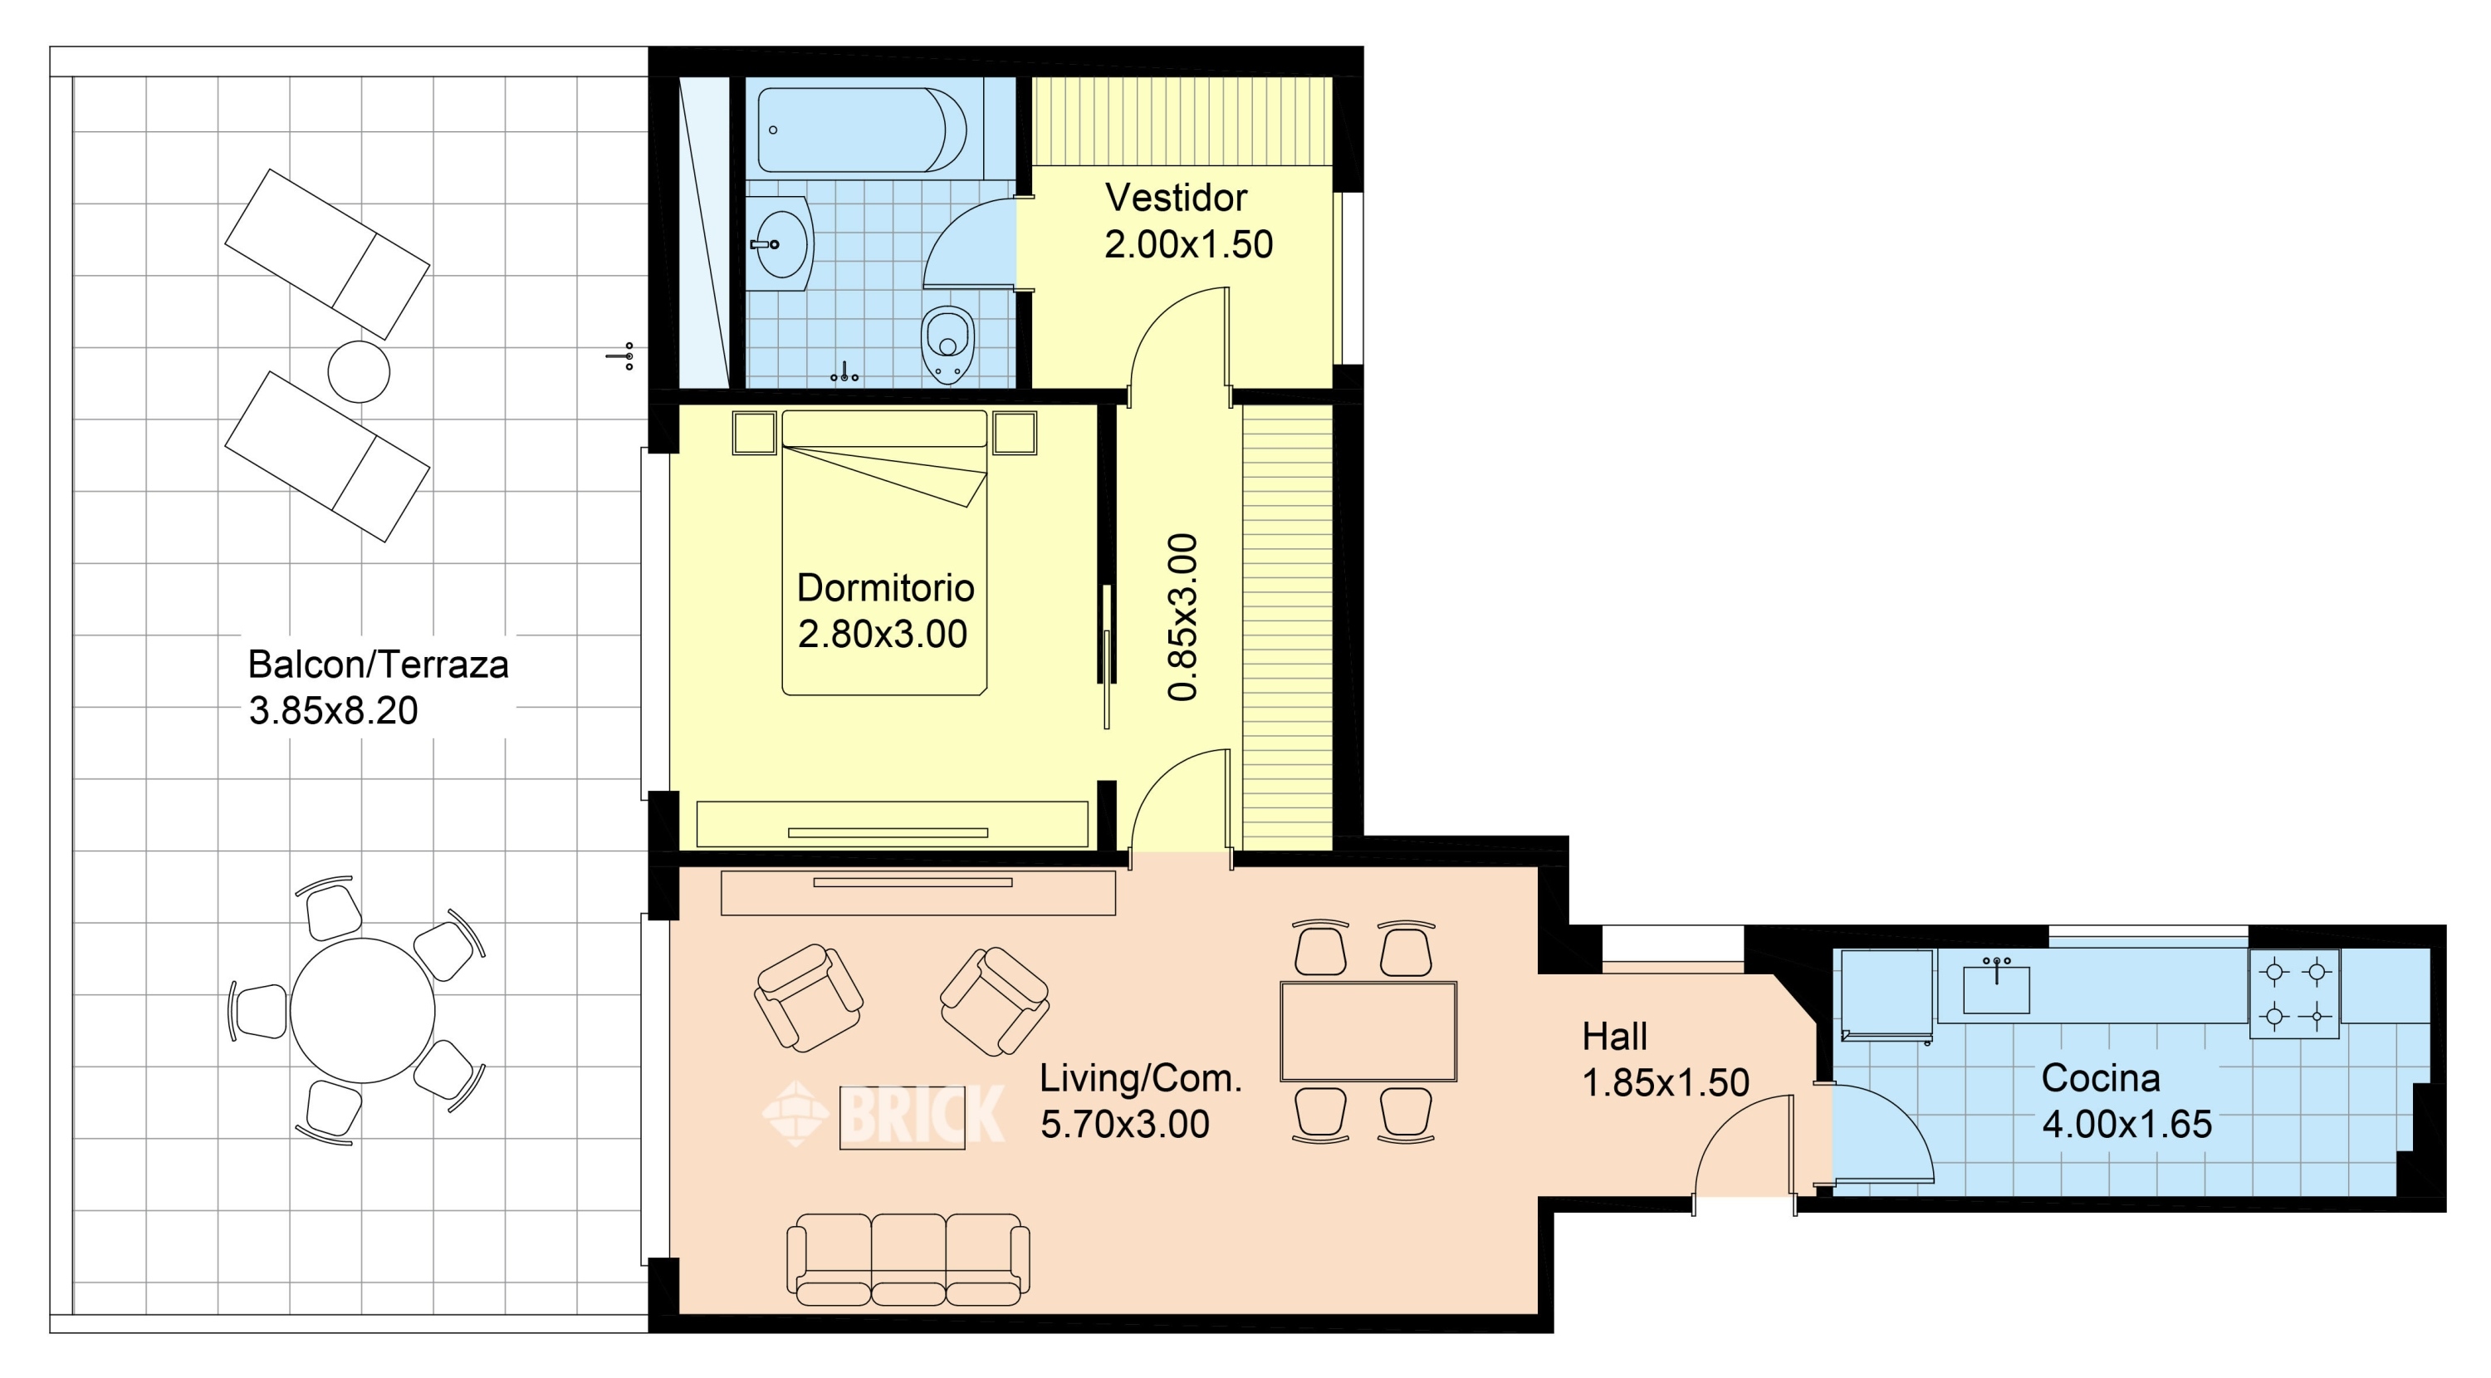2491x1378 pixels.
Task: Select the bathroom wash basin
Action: point(781,243)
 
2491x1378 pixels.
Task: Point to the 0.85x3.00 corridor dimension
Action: point(1182,616)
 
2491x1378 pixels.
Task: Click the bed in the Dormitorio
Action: point(883,552)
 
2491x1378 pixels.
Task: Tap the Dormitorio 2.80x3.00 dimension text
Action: point(883,634)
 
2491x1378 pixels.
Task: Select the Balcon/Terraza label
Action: point(378,664)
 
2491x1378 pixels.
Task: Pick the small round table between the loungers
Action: point(359,371)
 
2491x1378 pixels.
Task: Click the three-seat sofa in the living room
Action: point(908,1259)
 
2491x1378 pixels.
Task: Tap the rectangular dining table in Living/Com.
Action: point(1368,1031)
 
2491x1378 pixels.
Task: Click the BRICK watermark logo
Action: point(883,1113)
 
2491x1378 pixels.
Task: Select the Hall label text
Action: point(1615,1037)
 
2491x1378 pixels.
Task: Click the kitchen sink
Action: point(1996,988)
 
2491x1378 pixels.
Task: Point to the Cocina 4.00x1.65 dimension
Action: point(2126,1124)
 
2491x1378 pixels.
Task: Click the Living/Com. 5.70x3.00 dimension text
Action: point(1124,1124)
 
